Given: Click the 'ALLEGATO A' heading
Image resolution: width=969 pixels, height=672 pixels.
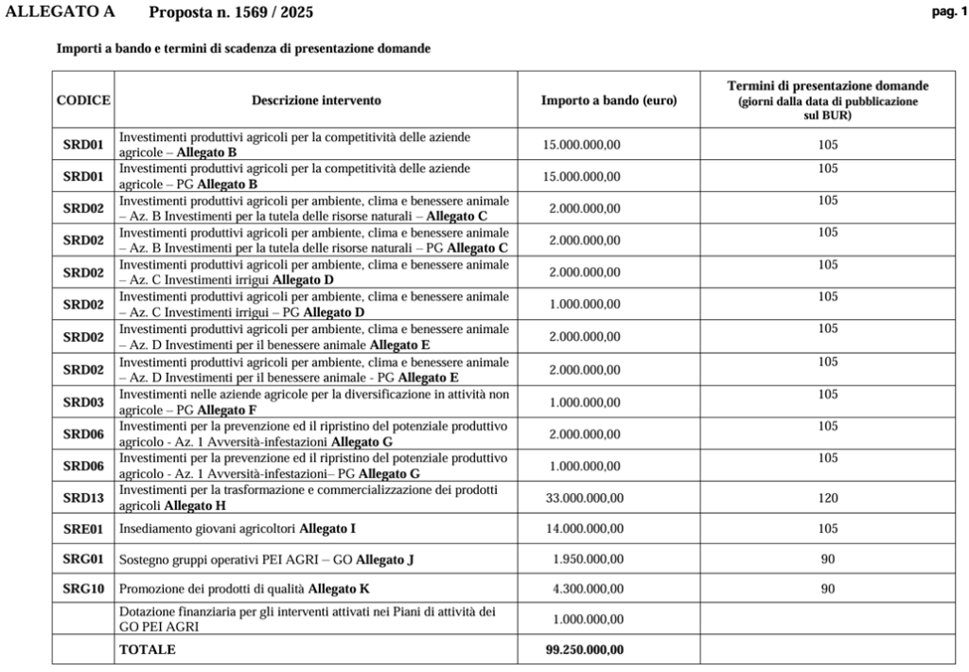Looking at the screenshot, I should (61, 12).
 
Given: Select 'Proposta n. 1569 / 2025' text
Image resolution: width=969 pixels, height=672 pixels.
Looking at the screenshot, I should (231, 12).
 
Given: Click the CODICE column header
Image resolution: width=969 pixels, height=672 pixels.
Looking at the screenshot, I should (83, 99).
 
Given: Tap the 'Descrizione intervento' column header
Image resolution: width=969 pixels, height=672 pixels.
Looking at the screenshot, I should (316, 99).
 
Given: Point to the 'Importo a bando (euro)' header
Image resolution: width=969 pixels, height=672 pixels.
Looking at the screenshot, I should (608, 99).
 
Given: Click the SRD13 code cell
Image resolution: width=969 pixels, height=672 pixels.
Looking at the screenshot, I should (83, 498).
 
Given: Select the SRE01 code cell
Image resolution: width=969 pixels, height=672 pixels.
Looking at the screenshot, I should (83, 528).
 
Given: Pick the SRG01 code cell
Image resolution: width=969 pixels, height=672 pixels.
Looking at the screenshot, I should (83, 559).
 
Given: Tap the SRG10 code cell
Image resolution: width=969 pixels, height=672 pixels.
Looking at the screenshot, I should (83, 589).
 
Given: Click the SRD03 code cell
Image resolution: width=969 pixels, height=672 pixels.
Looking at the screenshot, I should (83, 402).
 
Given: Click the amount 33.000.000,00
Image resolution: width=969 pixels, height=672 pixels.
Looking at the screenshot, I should (584, 498).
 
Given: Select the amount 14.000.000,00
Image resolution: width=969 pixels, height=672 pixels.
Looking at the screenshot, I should (584, 528).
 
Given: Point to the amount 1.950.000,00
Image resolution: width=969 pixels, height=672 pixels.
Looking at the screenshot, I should (588, 559).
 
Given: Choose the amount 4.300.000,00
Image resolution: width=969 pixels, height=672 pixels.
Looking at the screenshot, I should (588, 589).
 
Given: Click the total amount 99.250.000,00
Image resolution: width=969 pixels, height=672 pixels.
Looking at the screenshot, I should (584, 649).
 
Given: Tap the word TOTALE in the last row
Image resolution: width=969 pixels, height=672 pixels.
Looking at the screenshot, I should (147, 649).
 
